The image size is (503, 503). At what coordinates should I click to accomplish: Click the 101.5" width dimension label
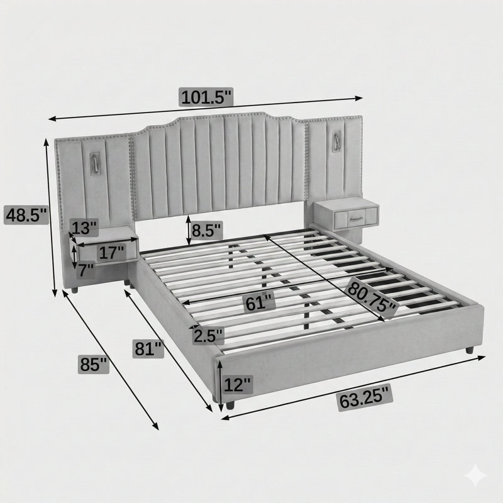(206, 97)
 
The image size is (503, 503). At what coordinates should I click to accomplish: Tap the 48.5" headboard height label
(26, 215)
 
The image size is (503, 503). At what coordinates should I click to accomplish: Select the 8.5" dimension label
(206, 229)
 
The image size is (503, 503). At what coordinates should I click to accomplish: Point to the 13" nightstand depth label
(84, 228)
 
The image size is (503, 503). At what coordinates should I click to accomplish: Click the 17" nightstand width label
(111, 253)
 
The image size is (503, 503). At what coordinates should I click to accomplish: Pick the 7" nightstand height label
(86, 270)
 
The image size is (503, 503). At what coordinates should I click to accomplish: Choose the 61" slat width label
(260, 303)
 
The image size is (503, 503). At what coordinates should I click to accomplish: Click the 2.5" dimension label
(208, 336)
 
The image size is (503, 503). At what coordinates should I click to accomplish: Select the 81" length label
(148, 349)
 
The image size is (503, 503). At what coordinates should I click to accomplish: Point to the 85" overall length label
(93, 365)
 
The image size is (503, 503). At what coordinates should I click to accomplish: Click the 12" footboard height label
(237, 385)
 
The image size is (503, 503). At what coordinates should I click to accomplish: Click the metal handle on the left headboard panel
(96, 163)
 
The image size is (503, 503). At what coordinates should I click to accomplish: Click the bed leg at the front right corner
(470, 350)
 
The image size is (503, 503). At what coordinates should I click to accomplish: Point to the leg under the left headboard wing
(74, 290)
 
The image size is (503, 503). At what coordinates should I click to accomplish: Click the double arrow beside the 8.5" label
(189, 230)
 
